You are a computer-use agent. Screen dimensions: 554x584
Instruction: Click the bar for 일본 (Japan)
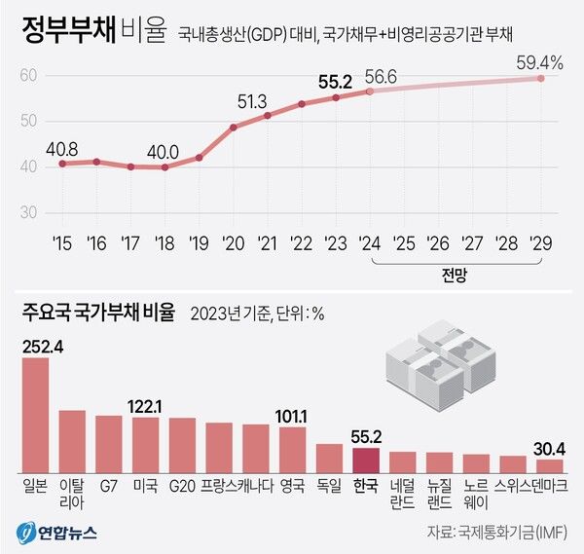tap(35, 414)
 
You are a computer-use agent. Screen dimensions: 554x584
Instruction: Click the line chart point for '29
tap(540, 78)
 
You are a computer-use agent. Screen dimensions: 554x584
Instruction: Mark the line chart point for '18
tap(164, 167)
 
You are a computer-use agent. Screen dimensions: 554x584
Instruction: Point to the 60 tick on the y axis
tap(28, 76)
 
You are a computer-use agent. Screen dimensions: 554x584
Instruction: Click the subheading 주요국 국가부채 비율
tap(98, 313)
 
